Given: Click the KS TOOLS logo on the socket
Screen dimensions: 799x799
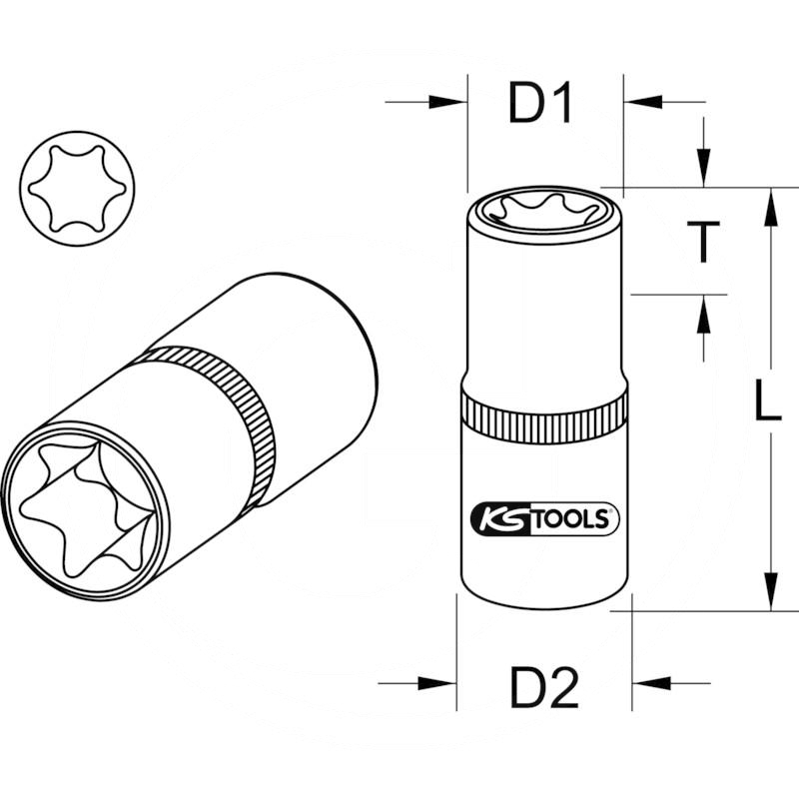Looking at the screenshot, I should click(x=544, y=518).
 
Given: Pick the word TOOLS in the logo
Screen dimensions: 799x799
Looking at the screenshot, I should click(x=570, y=518).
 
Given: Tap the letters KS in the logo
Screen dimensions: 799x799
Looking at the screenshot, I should click(x=496, y=518).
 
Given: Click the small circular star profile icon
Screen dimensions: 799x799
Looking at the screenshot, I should click(x=72, y=186).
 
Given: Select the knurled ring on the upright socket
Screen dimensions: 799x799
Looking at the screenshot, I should click(x=544, y=412).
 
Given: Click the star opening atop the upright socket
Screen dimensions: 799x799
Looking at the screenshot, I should click(x=544, y=210).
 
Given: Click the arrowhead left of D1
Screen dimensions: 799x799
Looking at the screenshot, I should click(x=449, y=102).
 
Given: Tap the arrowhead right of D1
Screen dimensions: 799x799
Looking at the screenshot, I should click(x=640, y=102).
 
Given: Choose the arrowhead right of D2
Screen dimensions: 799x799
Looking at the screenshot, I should click(x=650, y=684).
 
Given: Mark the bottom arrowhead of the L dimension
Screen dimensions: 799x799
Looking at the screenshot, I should click(x=771, y=593).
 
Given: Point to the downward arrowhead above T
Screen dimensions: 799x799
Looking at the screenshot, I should click(x=704, y=169).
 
